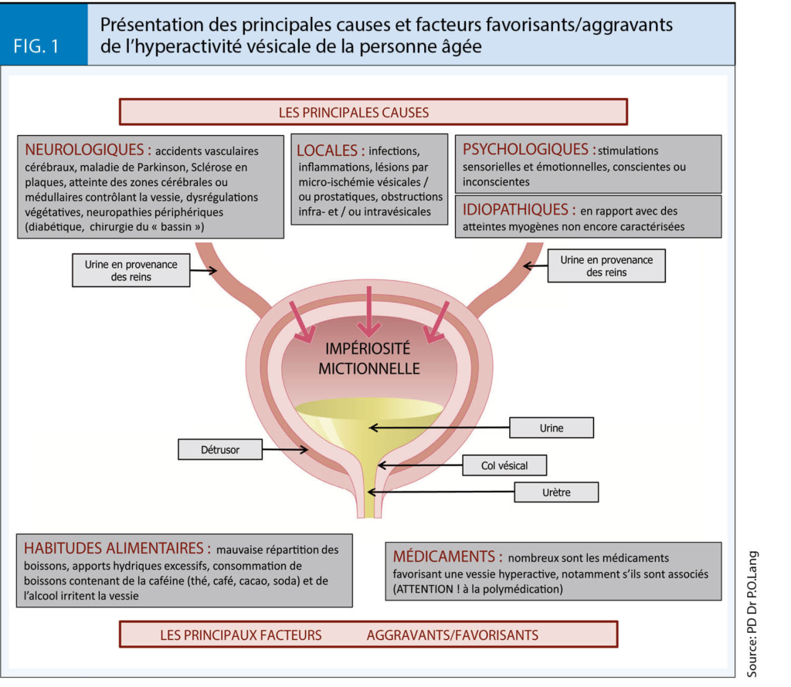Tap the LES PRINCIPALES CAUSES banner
pos(373,112)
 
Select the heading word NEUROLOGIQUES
pos(84,150)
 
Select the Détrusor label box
pos(219,448)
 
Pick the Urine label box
pos(552,427)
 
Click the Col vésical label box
pos(504,465)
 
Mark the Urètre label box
pos(557,492)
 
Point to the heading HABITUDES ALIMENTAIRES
pos(117,549)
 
